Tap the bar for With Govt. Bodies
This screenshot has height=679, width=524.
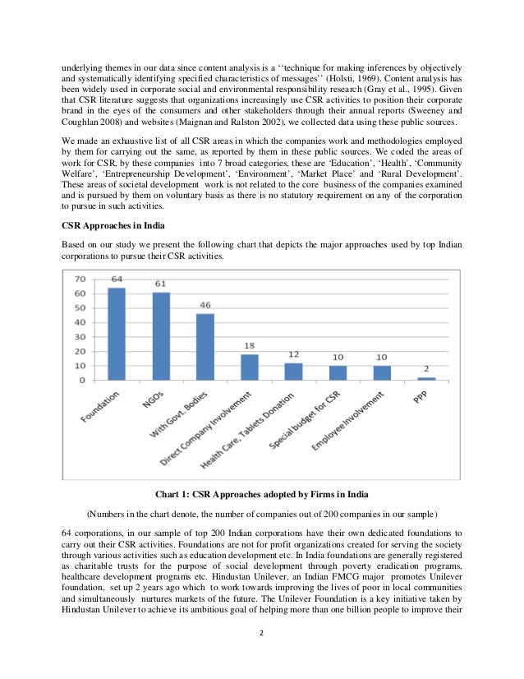pyautogui.click(x=205, y=346)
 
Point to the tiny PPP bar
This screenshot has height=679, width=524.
pyautogui.click(x=426, y=379)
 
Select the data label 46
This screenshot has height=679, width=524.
pyautogui.click(x=205, y=305)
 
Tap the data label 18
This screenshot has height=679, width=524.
pyautogui.click(x=250, y=345)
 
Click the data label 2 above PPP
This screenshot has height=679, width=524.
pyautogui.click(x=426, y=369)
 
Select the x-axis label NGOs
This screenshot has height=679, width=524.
pyautogui.click(x=151, y=402)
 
